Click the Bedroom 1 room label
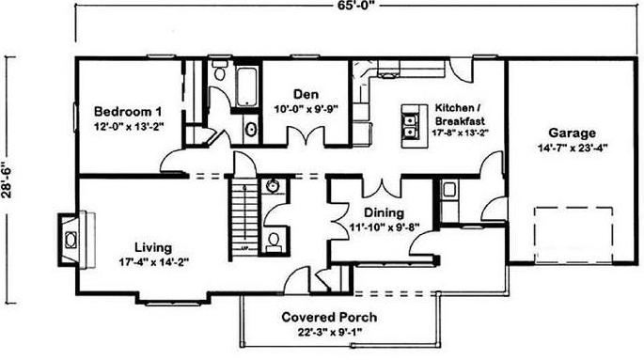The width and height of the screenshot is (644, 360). (x=128, y=112)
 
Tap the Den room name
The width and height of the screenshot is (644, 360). (x=306, y=94)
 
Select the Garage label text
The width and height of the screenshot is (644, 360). (x=573, y=133)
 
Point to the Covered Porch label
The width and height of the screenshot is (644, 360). (x=329, y=318)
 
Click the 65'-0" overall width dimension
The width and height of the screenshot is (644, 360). (x=355, y=5)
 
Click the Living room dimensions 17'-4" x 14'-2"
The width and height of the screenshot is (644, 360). (x=153, y=262)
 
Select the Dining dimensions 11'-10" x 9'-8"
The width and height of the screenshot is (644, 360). (x=384, y=227)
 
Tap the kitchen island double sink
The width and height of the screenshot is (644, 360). (x=410, y=127)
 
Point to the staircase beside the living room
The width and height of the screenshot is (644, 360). (x=244, y=217)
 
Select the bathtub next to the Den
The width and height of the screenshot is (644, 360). (x=247, y=87)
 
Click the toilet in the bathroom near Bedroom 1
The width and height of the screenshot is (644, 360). (x=220, y=70)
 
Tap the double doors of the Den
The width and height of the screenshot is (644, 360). (x=306, y=136)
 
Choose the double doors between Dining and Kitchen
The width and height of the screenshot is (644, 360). (x=383, y=187)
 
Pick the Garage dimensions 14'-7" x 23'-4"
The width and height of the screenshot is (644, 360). (x=573, y=148)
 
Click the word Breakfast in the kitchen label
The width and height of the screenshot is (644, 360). (x=460, y=121)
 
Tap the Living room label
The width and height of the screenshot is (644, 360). (x=153, y=248)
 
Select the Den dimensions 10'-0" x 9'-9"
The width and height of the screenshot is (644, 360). (x=306, y=109)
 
